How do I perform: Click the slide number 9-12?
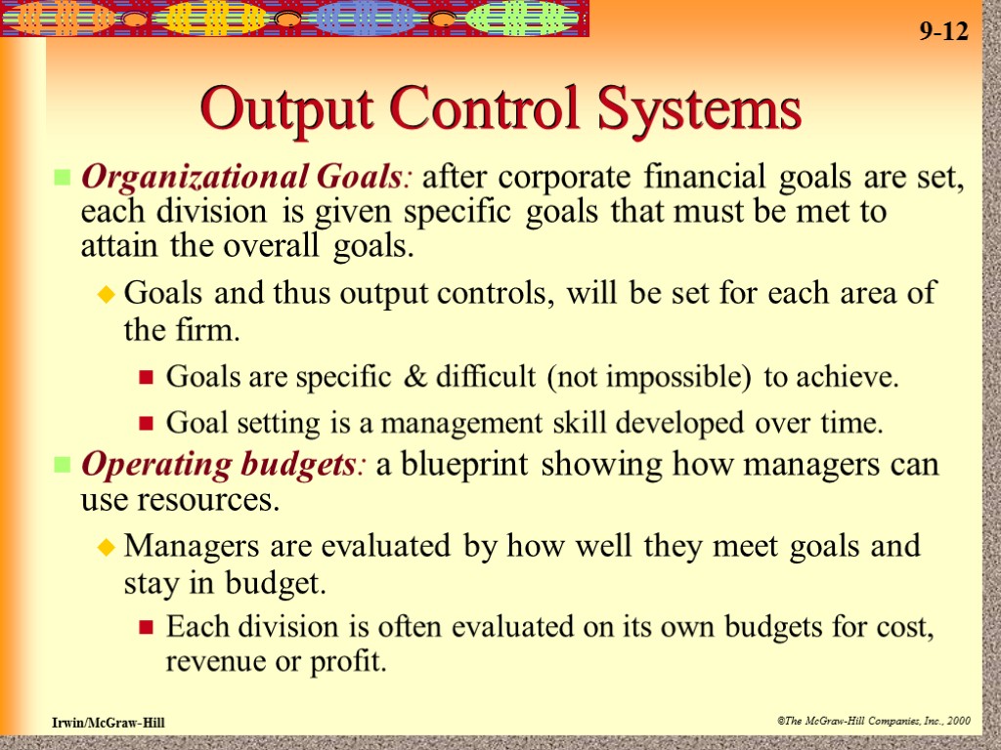[943, 32]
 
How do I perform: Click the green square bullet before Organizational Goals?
[63, 179]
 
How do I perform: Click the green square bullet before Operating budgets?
[63, 466]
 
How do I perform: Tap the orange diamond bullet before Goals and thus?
[108, 294]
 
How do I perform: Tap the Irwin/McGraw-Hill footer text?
[109, 722]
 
